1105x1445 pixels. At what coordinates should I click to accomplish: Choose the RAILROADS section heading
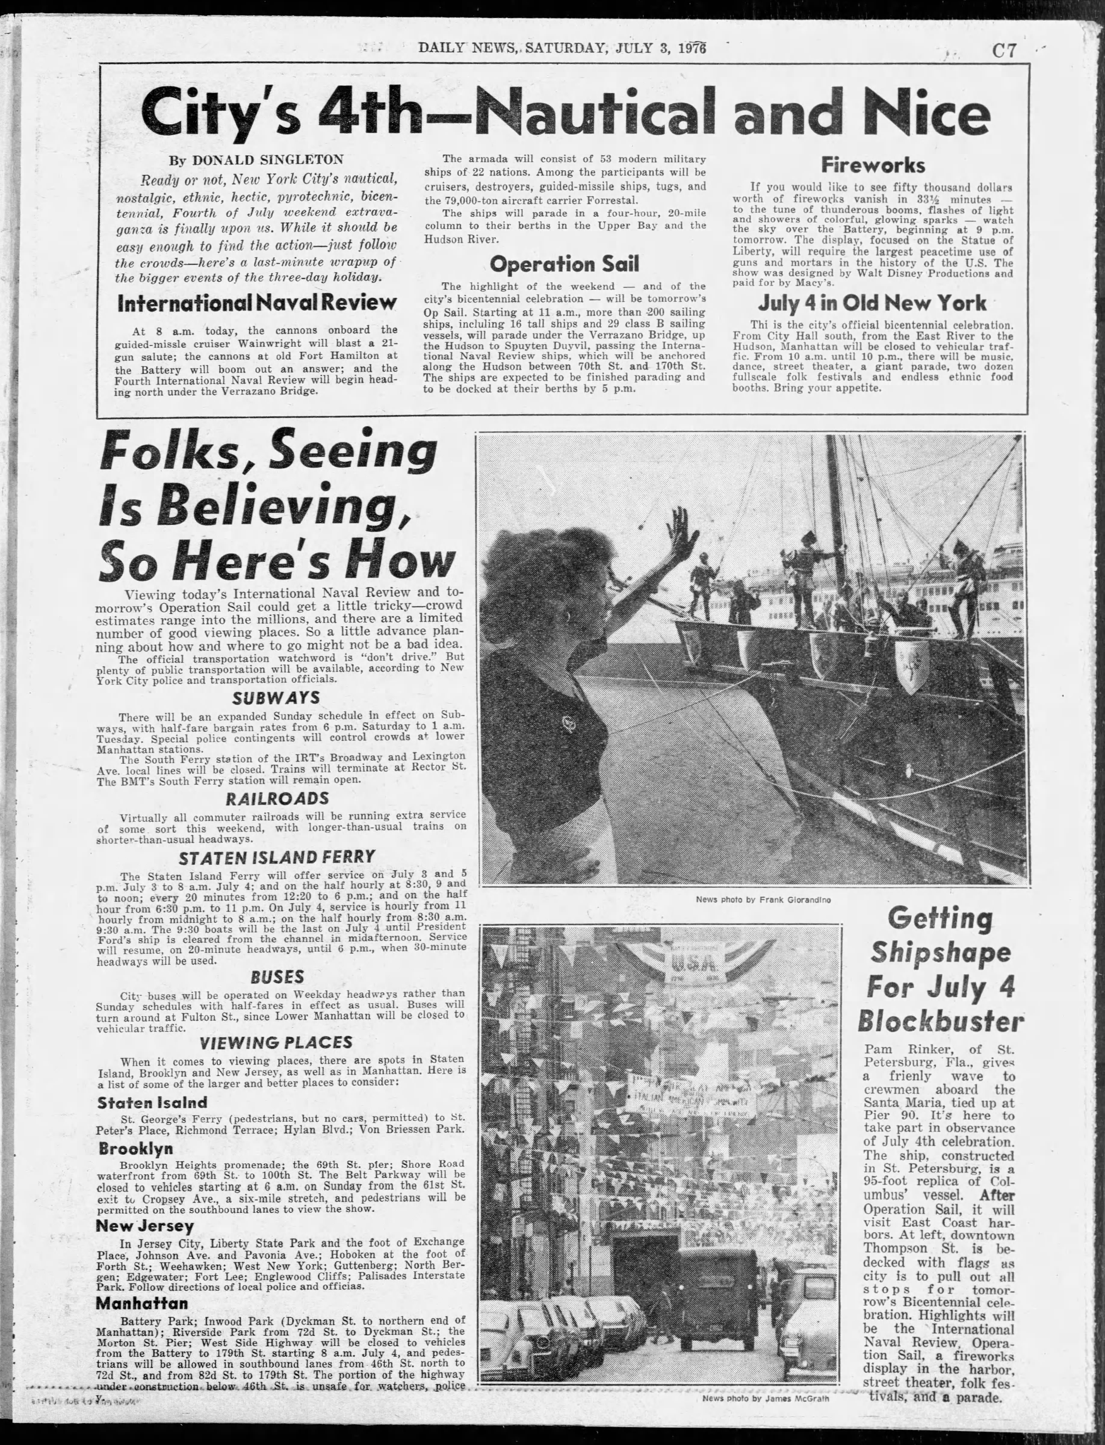pos(277,799)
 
